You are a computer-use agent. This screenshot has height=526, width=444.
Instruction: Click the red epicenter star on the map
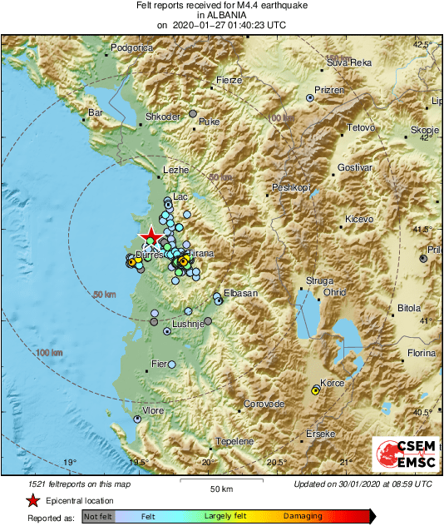150,236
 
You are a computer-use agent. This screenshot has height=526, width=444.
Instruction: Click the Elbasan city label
240,294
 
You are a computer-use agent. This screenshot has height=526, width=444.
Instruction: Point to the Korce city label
333,383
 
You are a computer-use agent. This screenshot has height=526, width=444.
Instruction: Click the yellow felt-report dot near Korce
315,390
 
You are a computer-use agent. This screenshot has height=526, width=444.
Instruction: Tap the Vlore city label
154,411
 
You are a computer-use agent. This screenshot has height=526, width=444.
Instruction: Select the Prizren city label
328,90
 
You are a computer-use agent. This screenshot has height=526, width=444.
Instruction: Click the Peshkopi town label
291,187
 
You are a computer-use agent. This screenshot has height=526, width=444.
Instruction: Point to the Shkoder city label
163,117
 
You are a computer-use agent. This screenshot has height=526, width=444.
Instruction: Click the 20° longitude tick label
208,463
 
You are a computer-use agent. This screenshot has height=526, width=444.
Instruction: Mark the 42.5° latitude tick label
424,44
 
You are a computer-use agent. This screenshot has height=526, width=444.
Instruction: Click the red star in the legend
32,500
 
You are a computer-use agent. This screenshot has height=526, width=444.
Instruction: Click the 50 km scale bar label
220,488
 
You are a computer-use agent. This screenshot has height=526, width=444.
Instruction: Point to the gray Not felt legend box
99,516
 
